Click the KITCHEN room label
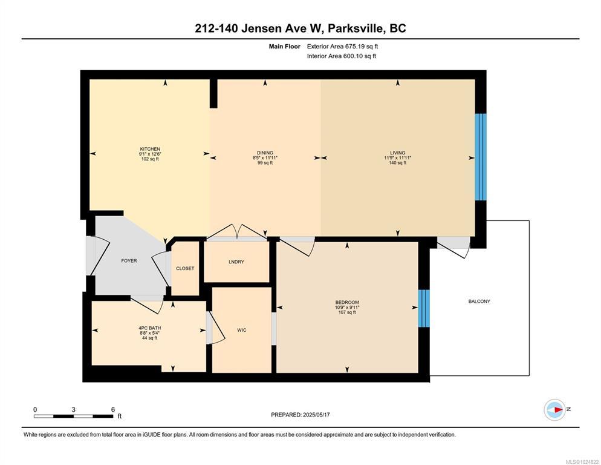(x=150, y=149)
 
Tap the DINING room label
(x=265, y=153)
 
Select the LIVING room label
(x=397, y=153)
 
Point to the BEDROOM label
(x=347, y=302)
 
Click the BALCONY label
(x=479, y=302)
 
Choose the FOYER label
(x=129, y=261)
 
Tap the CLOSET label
(x=185, y=268)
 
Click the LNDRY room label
(x=236, y=262)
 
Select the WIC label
(x=241, y=330)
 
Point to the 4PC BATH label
(x=149, y=328)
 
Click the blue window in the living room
(x=481, y=157)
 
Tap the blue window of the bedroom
(x=424, y=309)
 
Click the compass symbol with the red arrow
(x=554, y=410)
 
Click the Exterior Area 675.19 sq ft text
(x=342, y=47)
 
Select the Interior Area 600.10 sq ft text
(x=342, y=56)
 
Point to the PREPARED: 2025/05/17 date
(x=300, y=415)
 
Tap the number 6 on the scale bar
(x=113, y=410)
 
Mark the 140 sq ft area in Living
(x=397, y=163)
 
